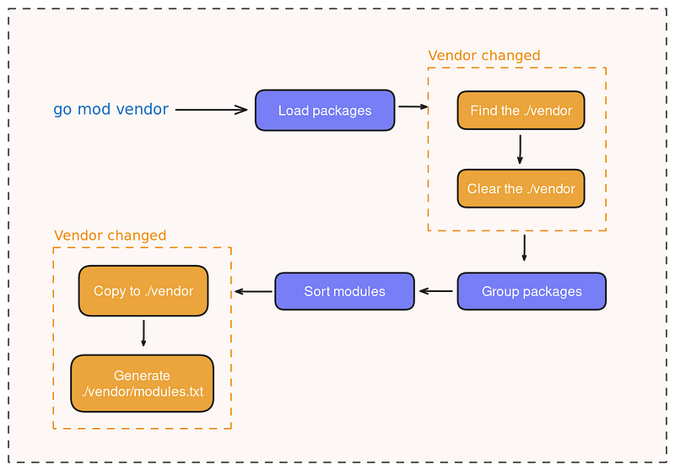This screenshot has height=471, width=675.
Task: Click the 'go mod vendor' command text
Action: [x=111, y=110]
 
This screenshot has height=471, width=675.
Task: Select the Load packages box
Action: [x=325, y=111]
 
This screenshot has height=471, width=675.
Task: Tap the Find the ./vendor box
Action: [x=521, y=111]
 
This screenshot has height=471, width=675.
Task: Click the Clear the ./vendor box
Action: [x=521, y=189]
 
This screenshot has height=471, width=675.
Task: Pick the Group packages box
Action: [x=532, y=291]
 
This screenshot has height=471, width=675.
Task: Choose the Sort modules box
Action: [x=344, y=291]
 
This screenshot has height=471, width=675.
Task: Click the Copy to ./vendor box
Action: [x=143, y=291]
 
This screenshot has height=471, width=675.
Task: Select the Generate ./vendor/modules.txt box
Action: [x=143, y=383]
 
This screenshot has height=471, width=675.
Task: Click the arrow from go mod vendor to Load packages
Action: [x=211, y=110]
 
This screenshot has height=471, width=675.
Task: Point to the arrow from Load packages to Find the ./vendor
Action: [x=412, y=107]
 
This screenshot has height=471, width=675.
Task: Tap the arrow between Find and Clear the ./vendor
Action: [x=520, y=149]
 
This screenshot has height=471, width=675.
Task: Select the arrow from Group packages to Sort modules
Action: [x=435, y=291]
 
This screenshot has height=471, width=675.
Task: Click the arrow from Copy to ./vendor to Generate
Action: [x=143, y=333]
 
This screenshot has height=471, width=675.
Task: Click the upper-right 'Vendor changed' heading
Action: [x=483, y=56]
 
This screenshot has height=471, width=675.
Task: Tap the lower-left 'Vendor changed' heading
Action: [x=110, y=235]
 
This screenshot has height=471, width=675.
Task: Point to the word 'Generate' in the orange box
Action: [x=142, y=376]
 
